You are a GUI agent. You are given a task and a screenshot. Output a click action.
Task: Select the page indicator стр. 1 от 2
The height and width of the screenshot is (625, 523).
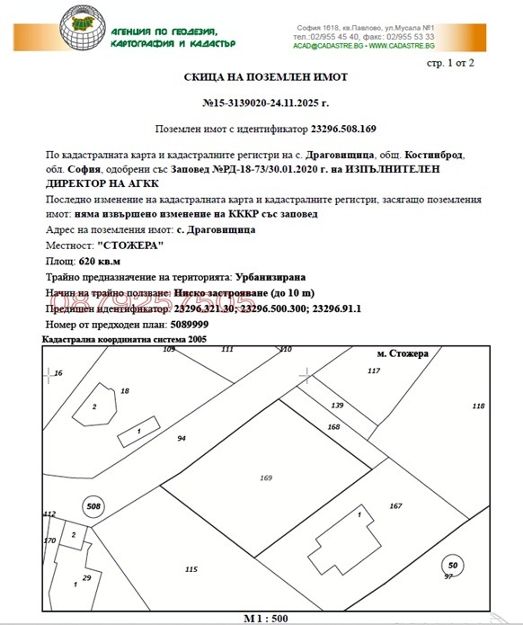pyautogui.click(x=448, y=62)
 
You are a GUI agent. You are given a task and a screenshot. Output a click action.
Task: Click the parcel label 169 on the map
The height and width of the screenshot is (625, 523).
pyautogui.click(x=265, y=478)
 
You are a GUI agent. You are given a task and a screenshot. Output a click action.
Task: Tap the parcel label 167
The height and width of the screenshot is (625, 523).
pyautogui.click(x=394, y=506)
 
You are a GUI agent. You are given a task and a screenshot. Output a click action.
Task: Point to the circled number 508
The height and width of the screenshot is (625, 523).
pyautogui.click(x=93, y=506)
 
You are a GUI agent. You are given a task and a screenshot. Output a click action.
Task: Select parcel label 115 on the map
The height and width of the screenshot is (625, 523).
pyautogui.click(x=191, y=569)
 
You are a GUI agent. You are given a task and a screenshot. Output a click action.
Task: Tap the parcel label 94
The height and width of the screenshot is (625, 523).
pyautogui.click(x=182, y=438)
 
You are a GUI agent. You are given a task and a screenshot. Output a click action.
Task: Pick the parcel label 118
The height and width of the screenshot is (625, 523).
pyautogui.click(x=478, y=406)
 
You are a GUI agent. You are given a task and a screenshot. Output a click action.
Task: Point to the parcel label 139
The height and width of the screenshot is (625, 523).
pyautogui.click(x=338, y=406)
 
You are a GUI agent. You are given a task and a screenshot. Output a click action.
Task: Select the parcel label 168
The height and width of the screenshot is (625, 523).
pyautogui.click(x=333, y=425)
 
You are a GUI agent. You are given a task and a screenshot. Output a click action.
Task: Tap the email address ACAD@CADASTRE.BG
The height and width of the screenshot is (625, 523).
pyautogui.click(x=329, y=45)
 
